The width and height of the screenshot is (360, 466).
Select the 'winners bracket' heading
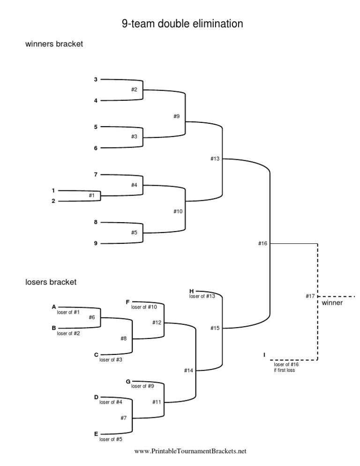[x=54, y=45]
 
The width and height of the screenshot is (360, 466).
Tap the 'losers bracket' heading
[x=51, y=282]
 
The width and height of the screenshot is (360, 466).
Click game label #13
[x=215, y=159]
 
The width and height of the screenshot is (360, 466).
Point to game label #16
[x=262, y=243]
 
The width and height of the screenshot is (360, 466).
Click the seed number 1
[x=53, y=190]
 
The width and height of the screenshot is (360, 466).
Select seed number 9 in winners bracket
[x=96, y=243]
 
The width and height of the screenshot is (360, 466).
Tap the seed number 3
[x=96, y=79]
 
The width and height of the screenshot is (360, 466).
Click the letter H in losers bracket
[x=191, y=291]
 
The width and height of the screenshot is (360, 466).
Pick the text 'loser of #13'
[x=202, y=296]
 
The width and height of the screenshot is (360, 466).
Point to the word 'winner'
[x=332, y=303]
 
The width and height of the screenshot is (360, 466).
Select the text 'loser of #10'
[x=144, y=308]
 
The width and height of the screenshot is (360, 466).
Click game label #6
[x=92, y=317]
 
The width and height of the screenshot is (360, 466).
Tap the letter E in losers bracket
[x=96, y=434]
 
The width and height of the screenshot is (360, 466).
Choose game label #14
[x=188, y=371]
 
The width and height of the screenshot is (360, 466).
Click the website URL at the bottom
[x=190, y=451]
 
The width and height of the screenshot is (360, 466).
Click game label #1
[x=91, y=195]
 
